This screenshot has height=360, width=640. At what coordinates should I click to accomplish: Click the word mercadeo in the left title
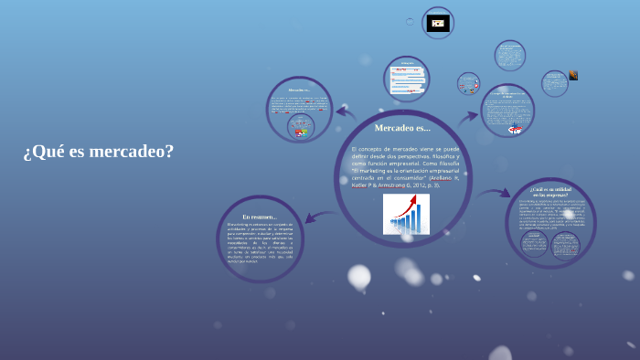134,152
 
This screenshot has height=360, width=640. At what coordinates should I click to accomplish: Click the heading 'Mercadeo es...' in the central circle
402,128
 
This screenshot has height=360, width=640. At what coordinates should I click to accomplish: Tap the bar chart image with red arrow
406,214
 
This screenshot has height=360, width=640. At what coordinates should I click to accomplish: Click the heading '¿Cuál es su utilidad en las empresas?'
550,192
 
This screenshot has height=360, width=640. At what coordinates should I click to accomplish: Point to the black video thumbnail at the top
438,23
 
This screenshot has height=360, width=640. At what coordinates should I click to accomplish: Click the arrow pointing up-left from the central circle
346,112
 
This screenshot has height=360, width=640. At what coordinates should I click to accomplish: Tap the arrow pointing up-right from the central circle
468,117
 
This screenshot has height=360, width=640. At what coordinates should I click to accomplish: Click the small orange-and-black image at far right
573,75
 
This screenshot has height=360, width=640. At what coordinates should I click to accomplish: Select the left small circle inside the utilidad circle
534,243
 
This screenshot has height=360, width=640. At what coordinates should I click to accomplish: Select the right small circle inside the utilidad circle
565,243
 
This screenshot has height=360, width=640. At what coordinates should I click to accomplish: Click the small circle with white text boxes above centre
406,79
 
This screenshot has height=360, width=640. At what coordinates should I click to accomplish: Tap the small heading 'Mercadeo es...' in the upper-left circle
299,90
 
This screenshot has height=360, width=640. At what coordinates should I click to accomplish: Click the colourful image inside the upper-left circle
300,130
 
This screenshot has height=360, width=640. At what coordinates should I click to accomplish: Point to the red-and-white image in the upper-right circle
515,129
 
